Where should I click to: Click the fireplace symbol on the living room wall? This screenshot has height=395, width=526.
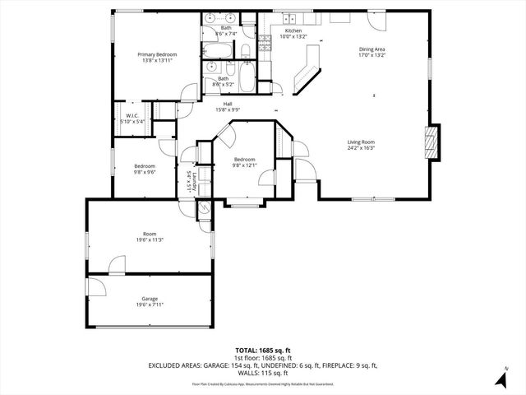pos(431,142)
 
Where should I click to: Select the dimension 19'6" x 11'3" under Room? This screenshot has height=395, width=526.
pos(149,239)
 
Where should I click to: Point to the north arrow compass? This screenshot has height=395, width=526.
pos(501,378)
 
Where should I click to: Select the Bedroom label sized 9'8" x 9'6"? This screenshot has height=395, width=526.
pos(145,167)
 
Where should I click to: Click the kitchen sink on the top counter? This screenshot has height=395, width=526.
pos(290,18)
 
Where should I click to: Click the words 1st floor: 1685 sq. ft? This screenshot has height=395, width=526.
pos(262,358)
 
